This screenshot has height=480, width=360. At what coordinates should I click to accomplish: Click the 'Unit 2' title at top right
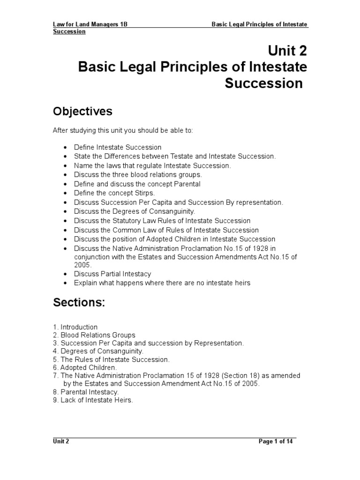287,50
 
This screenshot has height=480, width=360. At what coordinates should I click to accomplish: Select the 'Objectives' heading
82,111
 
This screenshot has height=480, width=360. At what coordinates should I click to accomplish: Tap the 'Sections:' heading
79,303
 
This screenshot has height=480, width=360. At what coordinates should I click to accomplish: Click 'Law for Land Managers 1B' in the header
90,24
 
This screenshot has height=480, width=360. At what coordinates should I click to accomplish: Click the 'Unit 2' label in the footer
61,442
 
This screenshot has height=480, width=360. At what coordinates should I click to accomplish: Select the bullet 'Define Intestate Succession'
117,147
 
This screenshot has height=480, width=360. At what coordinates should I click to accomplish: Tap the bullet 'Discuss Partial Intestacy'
112,274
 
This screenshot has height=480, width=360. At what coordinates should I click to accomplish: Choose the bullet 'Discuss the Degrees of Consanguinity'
134,211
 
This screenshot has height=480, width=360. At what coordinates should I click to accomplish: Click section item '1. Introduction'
75,327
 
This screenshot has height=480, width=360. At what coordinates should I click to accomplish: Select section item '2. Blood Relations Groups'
94,335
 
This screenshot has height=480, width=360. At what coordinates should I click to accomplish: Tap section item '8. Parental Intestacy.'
86,392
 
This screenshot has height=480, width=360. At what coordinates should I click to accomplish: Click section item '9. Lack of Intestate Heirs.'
93,400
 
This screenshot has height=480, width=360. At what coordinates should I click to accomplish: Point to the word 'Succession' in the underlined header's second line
69,31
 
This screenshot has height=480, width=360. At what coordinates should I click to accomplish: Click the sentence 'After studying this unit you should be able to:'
122,131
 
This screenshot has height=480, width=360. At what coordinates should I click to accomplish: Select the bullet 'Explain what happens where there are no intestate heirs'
162,283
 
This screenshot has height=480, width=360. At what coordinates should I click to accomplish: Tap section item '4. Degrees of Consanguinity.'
98,351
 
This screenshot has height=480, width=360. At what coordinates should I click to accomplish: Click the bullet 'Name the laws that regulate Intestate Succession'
152,165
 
